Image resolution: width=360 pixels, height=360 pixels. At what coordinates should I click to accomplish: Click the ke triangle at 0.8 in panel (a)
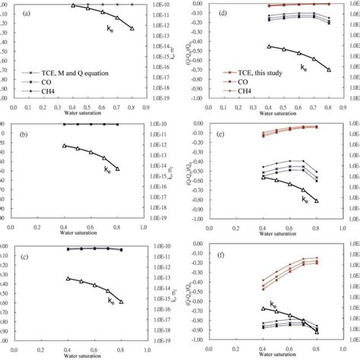click(x=132, y=28)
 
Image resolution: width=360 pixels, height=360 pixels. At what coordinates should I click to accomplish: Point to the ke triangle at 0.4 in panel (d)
click(x=270, y=46)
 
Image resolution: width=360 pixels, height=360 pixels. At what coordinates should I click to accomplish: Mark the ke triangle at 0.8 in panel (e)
click(x=317, y=201)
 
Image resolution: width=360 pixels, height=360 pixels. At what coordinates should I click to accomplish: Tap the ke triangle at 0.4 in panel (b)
click(x=64, y=145)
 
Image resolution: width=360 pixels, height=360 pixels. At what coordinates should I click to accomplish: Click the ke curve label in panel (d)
click(x=304, y=68)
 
